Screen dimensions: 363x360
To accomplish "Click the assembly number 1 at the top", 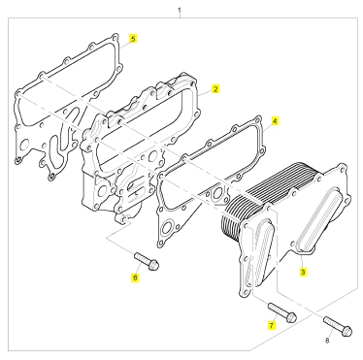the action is pos(180,11).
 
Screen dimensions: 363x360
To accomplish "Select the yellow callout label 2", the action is pos(215,89).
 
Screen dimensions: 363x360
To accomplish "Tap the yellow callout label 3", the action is pos(303,273).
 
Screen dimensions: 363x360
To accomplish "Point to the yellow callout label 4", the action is pos(275,121).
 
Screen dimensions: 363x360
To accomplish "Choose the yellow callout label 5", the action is pos(133,38).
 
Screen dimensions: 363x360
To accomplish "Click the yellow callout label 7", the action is pos(272,325).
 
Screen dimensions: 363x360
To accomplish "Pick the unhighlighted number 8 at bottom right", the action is pos(327,341).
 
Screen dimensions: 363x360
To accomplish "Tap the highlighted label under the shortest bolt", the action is pos(135,278).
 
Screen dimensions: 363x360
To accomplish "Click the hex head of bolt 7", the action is pos(291,317).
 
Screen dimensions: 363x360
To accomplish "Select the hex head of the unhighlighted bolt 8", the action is pos(346,331).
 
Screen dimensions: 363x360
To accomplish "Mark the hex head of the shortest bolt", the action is pos(154,265).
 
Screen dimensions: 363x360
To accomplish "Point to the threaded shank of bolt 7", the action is pos(279,310).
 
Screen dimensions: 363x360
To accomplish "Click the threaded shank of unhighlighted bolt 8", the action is pos(333,324).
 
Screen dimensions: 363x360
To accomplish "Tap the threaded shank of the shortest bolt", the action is pos(143,259).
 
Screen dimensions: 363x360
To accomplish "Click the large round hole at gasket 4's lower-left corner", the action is pos(167,229).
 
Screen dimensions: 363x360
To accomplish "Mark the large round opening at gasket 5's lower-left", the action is pos(24,146).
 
